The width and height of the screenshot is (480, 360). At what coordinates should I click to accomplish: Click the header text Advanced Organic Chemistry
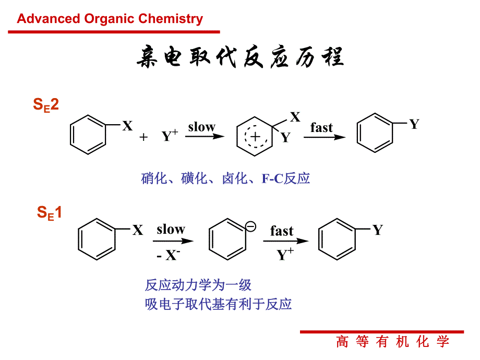point(110,19)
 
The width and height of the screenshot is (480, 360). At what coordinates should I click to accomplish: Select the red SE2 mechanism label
point(46,105)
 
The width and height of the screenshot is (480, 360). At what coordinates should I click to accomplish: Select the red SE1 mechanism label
point(49,213)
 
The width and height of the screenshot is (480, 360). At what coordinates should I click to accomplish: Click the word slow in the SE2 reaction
point(201,127)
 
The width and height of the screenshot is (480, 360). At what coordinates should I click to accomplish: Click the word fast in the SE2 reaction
point(321,128)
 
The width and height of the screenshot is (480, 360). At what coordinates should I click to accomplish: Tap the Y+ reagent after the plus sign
point(170,137)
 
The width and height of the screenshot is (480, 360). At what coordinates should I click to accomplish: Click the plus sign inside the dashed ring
point(255,137)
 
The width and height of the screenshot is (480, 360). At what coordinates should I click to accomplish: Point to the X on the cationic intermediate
point(295,117)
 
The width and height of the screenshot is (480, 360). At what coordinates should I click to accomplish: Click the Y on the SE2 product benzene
point(414,124)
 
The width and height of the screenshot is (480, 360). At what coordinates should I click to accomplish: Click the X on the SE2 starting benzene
point(127,126)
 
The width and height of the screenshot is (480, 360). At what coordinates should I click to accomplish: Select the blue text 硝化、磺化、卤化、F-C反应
point(225,178)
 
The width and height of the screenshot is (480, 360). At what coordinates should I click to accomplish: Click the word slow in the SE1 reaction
point(171,229)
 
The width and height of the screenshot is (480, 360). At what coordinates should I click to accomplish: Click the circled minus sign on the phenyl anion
point(250,226)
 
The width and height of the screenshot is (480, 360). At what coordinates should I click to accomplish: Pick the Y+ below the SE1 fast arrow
point(285,255)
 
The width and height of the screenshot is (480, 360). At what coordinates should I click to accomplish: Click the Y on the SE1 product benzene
point(377,230)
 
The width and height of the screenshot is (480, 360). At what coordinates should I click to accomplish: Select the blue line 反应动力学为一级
point(198,285)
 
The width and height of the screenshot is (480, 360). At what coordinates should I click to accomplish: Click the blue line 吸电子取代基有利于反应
point(218,304)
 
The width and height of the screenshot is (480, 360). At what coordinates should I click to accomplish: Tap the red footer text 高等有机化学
point(392,342)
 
